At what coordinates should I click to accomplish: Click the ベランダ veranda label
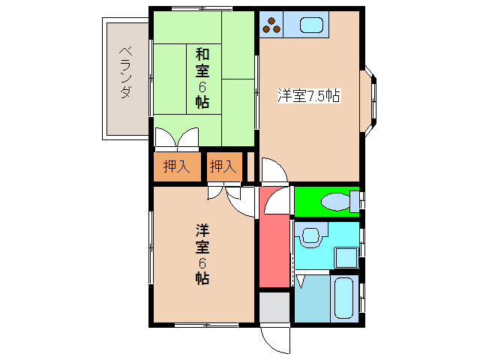click(125, 73)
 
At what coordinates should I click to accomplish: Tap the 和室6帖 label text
click(202, 78)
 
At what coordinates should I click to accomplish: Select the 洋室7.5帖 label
click(309, 95)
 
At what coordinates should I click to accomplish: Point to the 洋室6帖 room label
click(202, 253)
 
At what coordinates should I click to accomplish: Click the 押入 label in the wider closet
click(176, 167)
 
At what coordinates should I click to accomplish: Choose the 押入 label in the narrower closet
click(223, 167)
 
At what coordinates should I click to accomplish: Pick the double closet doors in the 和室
click(177, 139)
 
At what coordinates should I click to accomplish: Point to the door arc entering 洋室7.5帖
click(273, 169)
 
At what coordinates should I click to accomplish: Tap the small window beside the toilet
click(362, 200)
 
